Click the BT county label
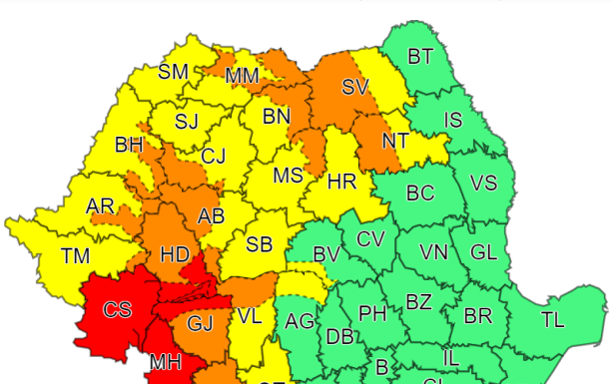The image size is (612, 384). coord(420,56)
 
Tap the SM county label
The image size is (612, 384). coord(174,72)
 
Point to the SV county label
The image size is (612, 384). coord(355,88)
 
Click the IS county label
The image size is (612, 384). coord(453,121)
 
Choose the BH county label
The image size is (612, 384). coord(129,146)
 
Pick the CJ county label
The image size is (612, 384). coord(214,157)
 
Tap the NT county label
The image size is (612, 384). coord(395,141)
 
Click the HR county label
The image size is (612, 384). coord(341,183)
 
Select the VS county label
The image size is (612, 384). coord(483,184)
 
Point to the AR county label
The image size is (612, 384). coord(100,206)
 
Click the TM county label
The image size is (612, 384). coord(75,256)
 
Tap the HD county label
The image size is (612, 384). coord(175,255)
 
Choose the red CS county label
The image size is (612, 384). coord(118,310)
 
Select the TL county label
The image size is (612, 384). coord(552,320)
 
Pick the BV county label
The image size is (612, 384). coord(326,255)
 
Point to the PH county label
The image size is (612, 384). coord(372,314)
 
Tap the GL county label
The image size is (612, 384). coord(483,252)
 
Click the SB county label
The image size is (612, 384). coord(260,244)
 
